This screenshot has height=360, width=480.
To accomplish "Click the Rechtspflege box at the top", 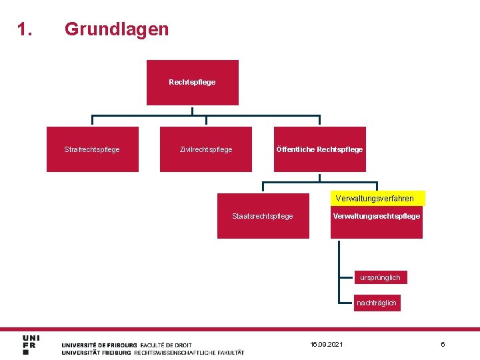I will tap(192, 83).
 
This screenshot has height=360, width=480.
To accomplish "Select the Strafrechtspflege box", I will tap(92, 149).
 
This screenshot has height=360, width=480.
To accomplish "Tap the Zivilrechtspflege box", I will tap(206, 149).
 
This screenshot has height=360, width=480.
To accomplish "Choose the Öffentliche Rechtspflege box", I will tap(320, 149).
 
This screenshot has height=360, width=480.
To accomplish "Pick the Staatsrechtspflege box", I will tap(263, 216).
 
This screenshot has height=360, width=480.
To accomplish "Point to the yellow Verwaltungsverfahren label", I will tap(375, 198).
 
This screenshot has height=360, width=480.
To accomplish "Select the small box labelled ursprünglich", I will tap(380, 277).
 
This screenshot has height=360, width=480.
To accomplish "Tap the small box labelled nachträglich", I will tap(377, 303).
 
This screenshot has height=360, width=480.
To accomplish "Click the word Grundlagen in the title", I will tap(117, 29).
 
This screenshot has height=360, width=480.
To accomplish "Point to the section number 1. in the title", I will tap(25, 29).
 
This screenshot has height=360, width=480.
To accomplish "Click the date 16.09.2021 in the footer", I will tap(327, 344).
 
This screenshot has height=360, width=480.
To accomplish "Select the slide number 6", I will tap(443, 344).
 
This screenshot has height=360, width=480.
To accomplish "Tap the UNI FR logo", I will tap(31, 345).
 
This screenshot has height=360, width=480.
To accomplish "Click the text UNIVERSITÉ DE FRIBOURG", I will tap(99, 345).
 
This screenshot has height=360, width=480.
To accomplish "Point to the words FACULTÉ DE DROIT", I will tap(166, 345).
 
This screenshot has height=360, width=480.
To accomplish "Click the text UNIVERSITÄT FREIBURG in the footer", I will tap(97, 353).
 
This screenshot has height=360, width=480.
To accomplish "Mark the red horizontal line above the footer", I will tap(240, 329).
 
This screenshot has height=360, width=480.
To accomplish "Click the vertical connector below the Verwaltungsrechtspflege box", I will tap(339, 267).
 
